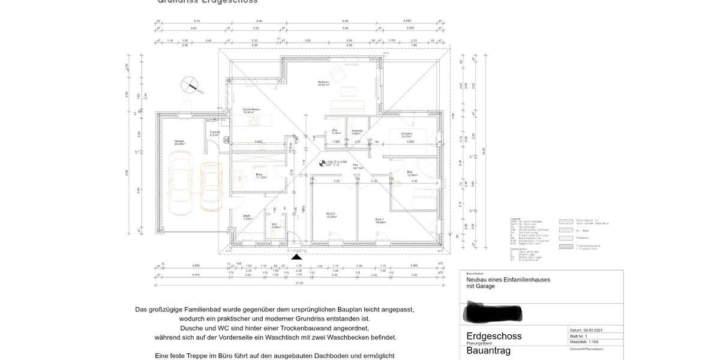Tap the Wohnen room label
click(323, 83)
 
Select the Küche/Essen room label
click(251, 110)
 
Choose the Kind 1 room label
click(380, 220)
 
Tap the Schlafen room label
click(406, 135)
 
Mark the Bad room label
click(410, 173)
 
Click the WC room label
click(275, 226)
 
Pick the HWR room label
click(247, 217)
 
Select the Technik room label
click(214, 133)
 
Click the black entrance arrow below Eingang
click(296, 257)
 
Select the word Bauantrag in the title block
click(488, 350)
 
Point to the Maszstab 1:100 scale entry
click(587, 341)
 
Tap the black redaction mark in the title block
click(493, 312)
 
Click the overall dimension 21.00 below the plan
click(299, 282)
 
